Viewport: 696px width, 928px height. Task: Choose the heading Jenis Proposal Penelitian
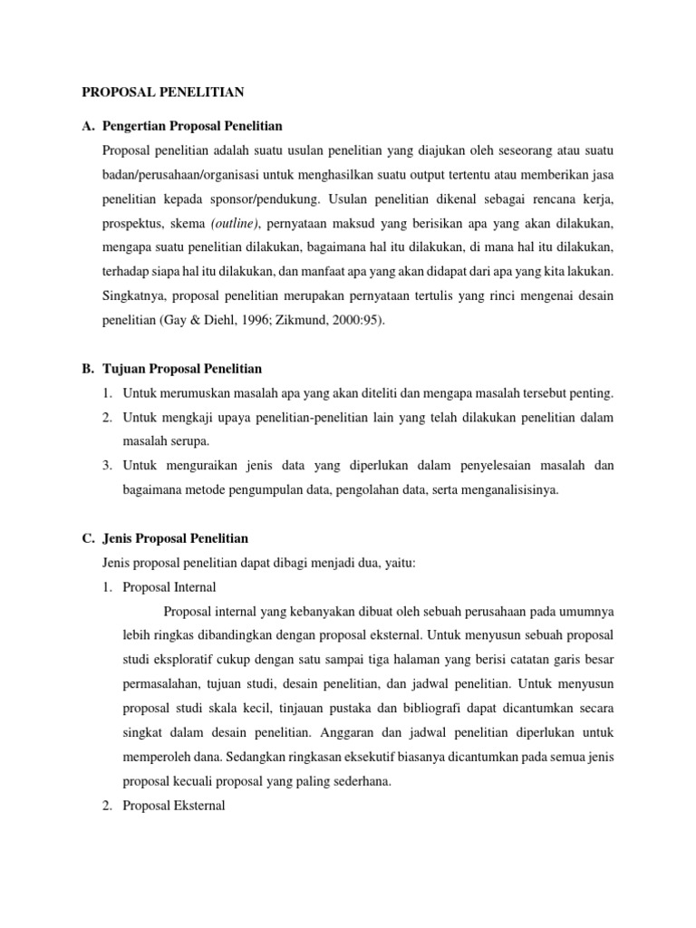click(x=177, y=538)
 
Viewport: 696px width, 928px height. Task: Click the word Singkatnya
click(x=135, y=295)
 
